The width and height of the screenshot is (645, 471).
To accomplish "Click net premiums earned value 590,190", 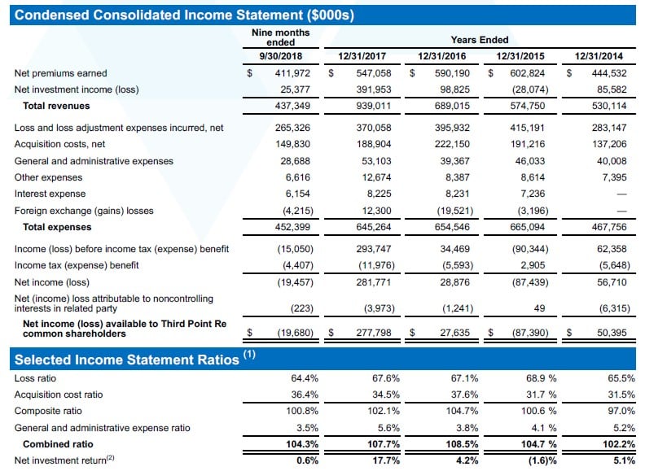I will coord(450,73).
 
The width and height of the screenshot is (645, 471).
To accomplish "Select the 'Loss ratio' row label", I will coord(35,378).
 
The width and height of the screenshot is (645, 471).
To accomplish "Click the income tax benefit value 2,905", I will coord(530,264).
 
